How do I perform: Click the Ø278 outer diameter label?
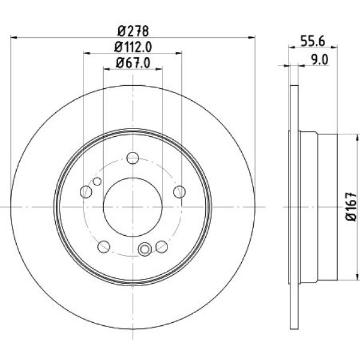tap(132, 30)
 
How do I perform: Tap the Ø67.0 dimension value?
tap(132, 61)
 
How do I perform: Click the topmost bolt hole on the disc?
tap(133, 158)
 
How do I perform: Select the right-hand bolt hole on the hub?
tap(179, 191)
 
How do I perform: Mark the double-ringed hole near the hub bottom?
tap(144, 250)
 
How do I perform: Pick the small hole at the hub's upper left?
tap(97, 181)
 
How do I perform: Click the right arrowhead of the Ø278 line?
tap(253, 38)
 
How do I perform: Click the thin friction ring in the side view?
tap(293, 207)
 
